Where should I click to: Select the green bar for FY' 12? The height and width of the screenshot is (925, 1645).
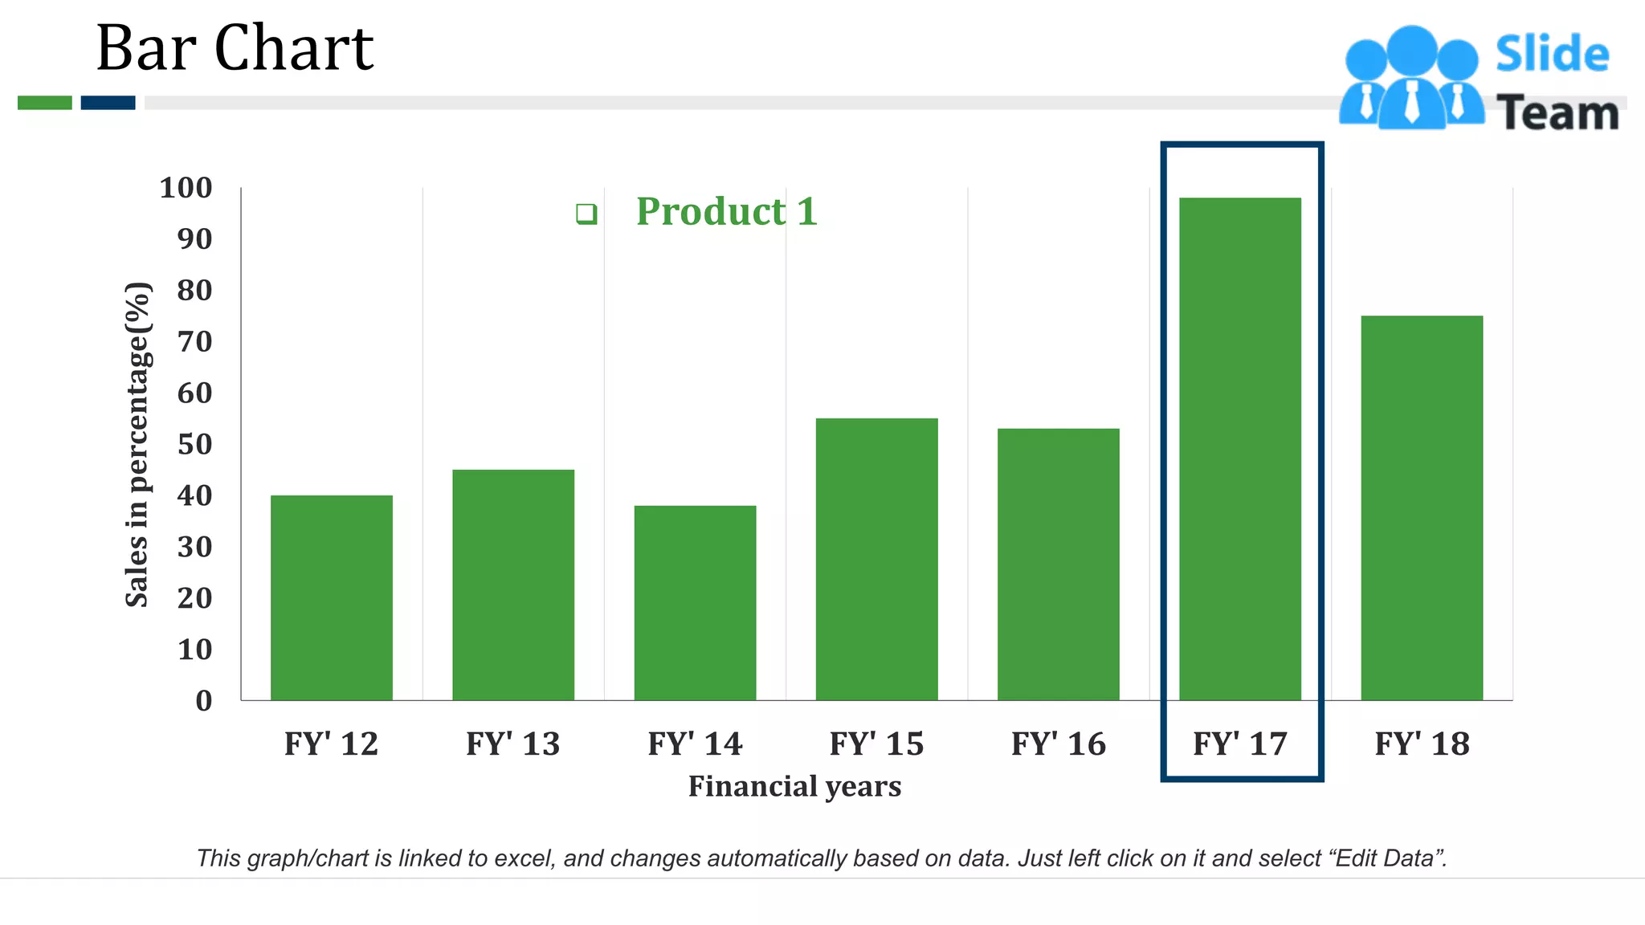click(331, 597)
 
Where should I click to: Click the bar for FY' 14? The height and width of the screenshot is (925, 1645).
click(695, 602)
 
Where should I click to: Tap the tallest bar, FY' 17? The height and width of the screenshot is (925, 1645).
click(1239, 450)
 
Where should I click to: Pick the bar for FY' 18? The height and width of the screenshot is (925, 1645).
click(1421, 507)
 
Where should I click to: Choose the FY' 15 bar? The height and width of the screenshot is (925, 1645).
click(876, 559)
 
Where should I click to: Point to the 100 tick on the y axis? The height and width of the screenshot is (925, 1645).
click(186, 188)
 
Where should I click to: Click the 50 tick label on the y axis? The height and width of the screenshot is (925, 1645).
click(194, 444)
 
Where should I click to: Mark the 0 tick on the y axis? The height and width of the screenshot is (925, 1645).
click(204, 700)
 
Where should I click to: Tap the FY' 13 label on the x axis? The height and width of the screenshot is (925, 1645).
click(512, 744)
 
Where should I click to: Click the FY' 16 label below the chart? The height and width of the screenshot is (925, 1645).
click(1058, 744)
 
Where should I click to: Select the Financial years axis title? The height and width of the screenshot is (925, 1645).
click(794, 786)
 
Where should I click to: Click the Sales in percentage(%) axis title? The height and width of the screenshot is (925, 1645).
click(137, 444)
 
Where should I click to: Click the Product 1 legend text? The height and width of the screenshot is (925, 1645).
click(726, 212)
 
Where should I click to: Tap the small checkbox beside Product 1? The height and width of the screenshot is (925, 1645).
click(586, 214)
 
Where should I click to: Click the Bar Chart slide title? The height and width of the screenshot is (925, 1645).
click(235, 48)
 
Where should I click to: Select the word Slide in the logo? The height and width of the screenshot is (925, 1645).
click(1552, 55)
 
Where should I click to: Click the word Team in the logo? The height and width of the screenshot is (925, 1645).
click(1557, 112)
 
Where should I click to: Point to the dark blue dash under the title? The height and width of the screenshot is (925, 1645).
click(108, 103)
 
